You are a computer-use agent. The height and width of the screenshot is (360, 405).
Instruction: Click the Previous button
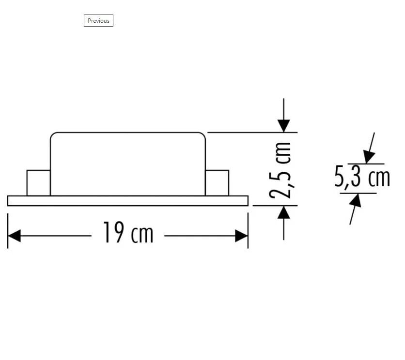pyautogui.click(x=98, y=21)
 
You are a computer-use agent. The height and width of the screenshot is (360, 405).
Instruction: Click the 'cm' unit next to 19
pyautogui.click(x=142, y=234)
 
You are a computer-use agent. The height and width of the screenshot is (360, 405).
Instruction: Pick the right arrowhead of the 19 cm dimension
pyautogui.click(x=241, y=236)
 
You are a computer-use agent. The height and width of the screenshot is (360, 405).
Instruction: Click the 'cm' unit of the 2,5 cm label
pyautogui.click(x=281, y=152)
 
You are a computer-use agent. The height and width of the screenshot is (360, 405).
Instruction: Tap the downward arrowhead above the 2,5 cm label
pyautogui.click(x=284, y=125)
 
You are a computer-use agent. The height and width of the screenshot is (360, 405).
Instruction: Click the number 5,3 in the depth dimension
pyautogui.click(x=348, y=178)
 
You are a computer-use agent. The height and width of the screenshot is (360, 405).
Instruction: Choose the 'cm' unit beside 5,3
pyautogui.click(x=379, y=178)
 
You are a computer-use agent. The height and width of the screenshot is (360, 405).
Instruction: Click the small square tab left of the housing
pyautogui.click(x=38, y=183)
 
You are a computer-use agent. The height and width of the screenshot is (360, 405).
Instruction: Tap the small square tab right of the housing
pyautogui.click(x=217, y=183)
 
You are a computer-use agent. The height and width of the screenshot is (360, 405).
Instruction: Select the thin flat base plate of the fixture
pyautogui.click(x=128, y=201)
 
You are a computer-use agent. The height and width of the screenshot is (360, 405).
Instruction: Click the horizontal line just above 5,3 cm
pyautogui.click(x=366, y=164)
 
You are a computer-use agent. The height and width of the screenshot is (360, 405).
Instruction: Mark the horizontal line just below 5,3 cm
pyautogui.click(x=358, y=194)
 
